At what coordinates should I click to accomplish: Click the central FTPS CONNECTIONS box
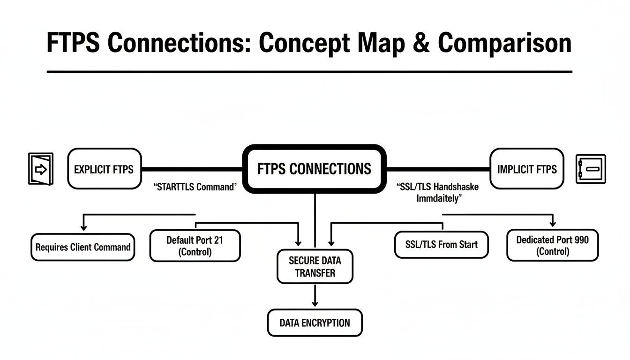pyautogui.click(x=314, y=169)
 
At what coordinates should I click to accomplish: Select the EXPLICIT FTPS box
pyautogui.click(x=104, y=169)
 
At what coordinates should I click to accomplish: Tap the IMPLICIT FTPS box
pyautogui.click(x=526, y=169)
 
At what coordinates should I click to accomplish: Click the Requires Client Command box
pyautogui.click(x=83, y=247)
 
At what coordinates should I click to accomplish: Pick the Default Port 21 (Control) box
pyautogui.click(x=195, y=246)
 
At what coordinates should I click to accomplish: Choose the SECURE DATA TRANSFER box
pyautogui.click(x=315, y=267)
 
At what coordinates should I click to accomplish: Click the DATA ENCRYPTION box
pyautogui.click(x=315, y=322)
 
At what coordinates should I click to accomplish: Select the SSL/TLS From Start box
pyautogui.click(x=441, y=244)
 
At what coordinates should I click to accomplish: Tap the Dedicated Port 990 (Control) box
pyautogui.click(x=552, y=246)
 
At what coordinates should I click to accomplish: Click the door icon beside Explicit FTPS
pyautogui.click(x=41, y=169)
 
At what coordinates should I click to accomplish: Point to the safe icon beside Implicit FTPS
pyautogui.click(x=590, y=169)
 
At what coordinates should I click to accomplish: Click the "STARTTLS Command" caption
pyautogui.click(x=195, y=187)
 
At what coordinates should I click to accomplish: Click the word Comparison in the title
pyautogui.click(x=504, y=43)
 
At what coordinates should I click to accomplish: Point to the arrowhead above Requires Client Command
pyautogui.click(x=83, y=227)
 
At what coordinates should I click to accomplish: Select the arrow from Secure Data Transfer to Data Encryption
pyautogui.click(x=315, y=296)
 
